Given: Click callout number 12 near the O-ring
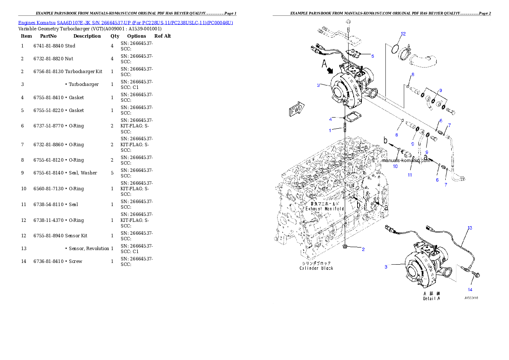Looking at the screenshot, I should point(403,34).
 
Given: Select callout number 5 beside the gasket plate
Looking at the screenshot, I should point(372,56).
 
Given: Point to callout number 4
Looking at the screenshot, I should point(330,119).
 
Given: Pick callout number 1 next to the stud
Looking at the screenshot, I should point(330,130).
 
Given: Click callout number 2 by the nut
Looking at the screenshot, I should point(363,249).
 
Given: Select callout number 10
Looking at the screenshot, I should point(395,166).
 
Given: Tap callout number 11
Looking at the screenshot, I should point(410,175).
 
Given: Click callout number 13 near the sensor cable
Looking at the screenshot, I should point(470,228).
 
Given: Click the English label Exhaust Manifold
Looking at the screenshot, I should point(324,209).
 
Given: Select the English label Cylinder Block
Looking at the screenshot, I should point(316,268).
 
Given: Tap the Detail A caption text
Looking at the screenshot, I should point(431,298).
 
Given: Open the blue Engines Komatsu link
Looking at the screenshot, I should point(125,22).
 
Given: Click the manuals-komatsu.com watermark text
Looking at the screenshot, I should point(406,161).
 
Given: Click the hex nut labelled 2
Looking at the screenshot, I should point(345,247).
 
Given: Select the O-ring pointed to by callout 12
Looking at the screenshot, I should point(397,49).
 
